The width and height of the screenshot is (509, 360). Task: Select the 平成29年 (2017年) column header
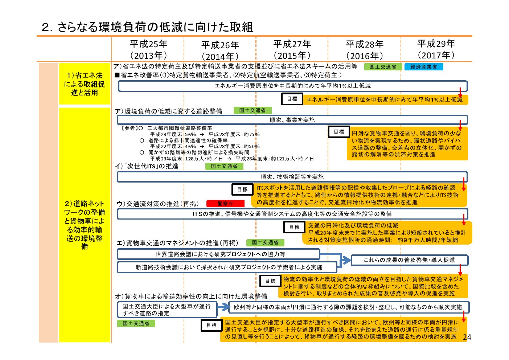pyautogui.click(x=436, y=49)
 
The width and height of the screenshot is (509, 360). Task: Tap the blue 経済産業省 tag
pyautogui.click(x=424, y=67)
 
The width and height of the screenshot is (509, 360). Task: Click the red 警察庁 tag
pyautogui.click(x=225, y=204)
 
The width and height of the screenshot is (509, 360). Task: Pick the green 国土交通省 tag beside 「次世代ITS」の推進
pyautogui.click(x=224, y=166)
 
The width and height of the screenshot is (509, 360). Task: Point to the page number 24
pyautogui.click(x=467, y=337)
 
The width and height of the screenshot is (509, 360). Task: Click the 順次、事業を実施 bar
pyautogui.click(x=292, y=120)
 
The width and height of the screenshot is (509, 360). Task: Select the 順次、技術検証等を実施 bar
pyautogui.click(x=292, y=177)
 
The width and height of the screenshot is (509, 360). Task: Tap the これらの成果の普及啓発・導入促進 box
pyautogui.click(x=410, y=260)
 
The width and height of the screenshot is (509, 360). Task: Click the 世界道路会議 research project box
pyautogui.click(x=218, y=254)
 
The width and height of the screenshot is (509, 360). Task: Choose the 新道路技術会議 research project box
pyautogui.click(x=227, y=267)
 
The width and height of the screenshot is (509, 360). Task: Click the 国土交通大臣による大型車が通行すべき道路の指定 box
pyautogui.click(x=167, y=310)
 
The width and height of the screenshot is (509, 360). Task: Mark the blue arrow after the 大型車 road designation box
pyautogui.click(x=223, y=307)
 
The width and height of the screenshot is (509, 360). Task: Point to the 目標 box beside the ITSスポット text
pyautogui.click(x=242, y=189)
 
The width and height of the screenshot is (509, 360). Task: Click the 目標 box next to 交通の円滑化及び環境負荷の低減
pyautogui.click(x=294, y=227)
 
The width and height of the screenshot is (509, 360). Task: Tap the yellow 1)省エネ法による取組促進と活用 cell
pyautogui.click(x=85, y=84)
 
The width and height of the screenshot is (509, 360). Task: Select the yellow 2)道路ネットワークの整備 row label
pyautogui.click(x=85, y=225)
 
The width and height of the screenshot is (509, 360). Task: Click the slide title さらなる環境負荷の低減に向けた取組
pyautogui.click(x=147, y=27)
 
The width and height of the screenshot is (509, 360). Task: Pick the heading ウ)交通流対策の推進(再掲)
pyautogui.click(x=158, y=204)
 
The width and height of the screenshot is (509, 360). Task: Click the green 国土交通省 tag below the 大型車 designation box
pyautogui.click(x=136, y=323)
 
